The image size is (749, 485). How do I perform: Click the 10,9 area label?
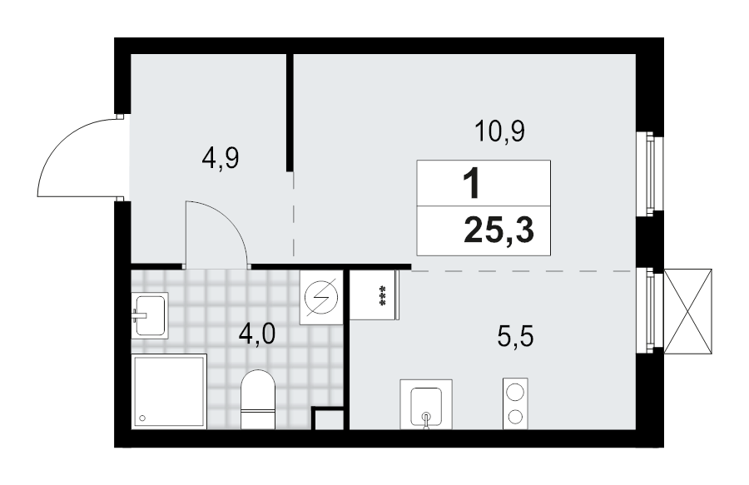point(499,131)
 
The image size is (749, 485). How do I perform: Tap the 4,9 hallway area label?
point(221,157)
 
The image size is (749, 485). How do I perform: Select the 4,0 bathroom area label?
point(256,335)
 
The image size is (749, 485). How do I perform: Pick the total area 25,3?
point(499,230)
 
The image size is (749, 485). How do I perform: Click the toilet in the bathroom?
point(257,398)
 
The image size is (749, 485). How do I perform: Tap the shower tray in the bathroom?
point(168,392)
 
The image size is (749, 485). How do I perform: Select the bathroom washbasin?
point(150,314)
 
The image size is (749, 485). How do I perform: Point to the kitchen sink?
point(426,404)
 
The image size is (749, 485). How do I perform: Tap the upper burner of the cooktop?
point(516,391)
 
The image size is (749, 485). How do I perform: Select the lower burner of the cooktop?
point(516,415)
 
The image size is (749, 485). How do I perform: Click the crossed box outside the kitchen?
point(689,310)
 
